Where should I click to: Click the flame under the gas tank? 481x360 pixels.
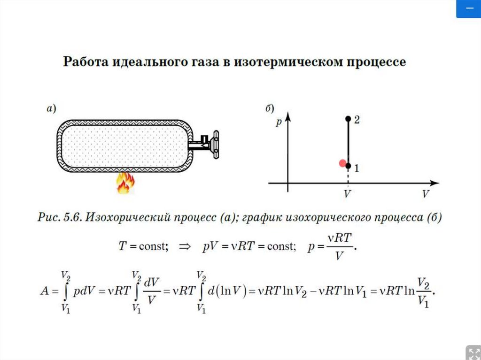tap(124, 183)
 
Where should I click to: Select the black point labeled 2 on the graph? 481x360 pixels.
tap(348, 119)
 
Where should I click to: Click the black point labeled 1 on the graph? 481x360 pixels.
tap(348, 166)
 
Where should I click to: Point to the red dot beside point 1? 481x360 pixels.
tap(342, 163)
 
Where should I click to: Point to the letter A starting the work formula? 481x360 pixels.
tap(45, 291)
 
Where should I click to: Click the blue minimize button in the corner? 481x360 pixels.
tap(468, 9)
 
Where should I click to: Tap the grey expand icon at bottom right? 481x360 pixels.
tap(472, 352)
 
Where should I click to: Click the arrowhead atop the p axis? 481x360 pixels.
tap(287, 115)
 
